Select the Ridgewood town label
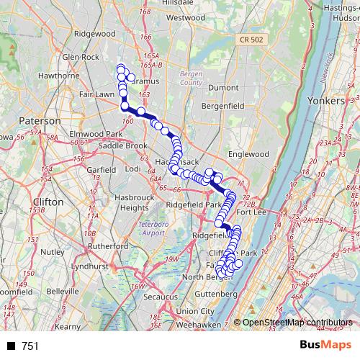(95, 34)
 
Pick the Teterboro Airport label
(152, 229)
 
